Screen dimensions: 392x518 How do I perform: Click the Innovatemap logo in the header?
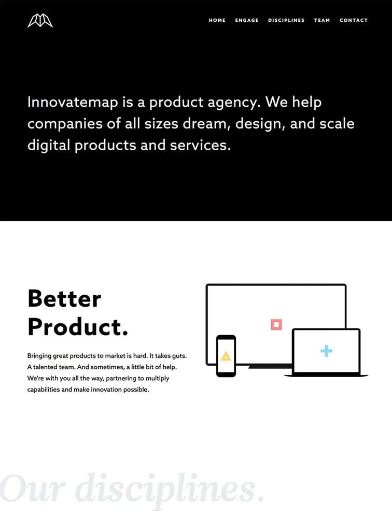pyautogui.click(x=40, y=21)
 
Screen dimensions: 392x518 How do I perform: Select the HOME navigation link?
pyautogui.click(x=217, y=20)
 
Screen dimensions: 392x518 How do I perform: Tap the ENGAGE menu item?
pyautogui.click(x=247, y=20)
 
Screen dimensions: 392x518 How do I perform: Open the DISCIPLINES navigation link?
pyautogui.click(x=286, y=20)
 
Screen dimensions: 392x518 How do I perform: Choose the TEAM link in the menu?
pyautogui.click(x=322, y=20)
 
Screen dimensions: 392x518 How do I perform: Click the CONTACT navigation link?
pyautogui.click(x=354, y=20)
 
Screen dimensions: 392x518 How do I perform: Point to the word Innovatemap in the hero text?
pyautogui.click(x=73, y=102)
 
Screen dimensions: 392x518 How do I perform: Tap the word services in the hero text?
pyautogui.click(x=200, y=146)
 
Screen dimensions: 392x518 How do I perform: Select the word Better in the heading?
pyautogui.click(x=64, y=299)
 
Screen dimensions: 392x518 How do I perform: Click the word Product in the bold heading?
pyautogui.click(x=75, y=327)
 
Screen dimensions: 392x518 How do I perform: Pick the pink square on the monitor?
pyautogui.click(x=276, y=324)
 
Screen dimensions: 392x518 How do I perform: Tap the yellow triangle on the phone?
pyautogui.click(x=226, y=356)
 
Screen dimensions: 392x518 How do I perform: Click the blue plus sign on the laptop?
pyautogui.click(x=326, y=351)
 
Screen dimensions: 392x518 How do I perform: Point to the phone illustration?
pyautogui.click(x=226, y=356)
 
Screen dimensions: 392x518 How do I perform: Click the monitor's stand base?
pyautogui.click(x=270, y=366)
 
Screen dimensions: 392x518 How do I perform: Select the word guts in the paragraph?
pyautogui.click(x=178, y=356)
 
